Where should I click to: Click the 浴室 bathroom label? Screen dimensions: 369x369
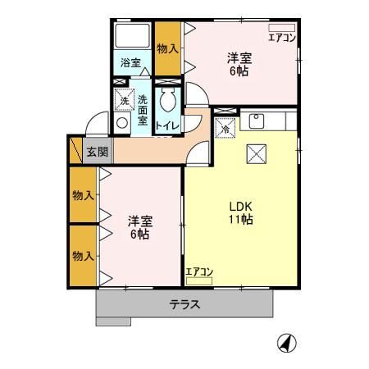coord(130,62)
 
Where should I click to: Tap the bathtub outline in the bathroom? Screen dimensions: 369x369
coord(132,37)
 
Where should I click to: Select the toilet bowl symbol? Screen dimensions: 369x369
coord(168,102)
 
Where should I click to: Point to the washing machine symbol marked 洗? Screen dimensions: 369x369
coord(125,100)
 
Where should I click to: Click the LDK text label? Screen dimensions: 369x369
coord(240,207)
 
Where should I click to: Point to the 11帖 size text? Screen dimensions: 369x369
coord(240,221)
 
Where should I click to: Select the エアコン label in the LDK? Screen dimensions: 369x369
coord(198,272)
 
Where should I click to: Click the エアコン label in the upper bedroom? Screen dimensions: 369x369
coord(281,37)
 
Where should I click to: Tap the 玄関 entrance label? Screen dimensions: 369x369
coord(97,152)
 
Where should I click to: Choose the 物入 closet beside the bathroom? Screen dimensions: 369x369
coord(167,49)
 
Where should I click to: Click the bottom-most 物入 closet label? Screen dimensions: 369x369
coord(83,256)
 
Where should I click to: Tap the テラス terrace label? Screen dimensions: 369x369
coord(185,304)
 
